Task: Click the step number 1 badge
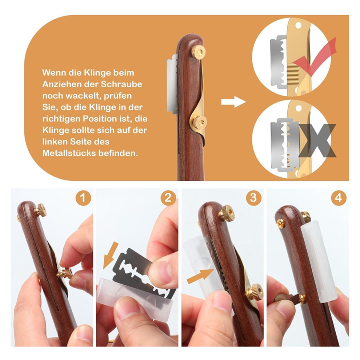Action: pos(83,198)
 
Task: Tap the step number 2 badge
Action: pos(168,198)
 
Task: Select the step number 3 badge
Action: pos(253,198)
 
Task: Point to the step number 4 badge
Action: pos(339,198)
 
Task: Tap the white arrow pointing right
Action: pos(233,102)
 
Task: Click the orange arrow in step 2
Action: pos(111,255)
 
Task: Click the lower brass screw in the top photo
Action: pos(199,122)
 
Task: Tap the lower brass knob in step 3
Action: pos(255,292)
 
